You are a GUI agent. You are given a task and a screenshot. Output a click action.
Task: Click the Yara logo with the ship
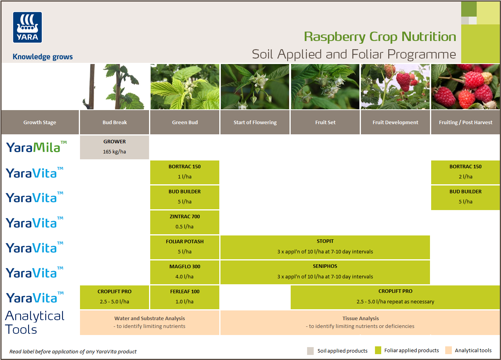tap(27, 27)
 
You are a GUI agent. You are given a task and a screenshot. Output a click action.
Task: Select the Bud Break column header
tap(114, 122)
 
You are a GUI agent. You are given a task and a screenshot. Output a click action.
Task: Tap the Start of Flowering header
tap(255, 122)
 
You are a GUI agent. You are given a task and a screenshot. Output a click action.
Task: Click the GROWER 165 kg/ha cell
tap(114, 147)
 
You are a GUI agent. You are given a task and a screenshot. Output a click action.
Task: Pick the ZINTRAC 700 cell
tap(185, 222)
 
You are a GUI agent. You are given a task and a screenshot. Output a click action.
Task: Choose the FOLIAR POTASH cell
tap(185, 247)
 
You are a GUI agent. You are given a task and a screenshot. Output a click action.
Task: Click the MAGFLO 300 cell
tap(185, 272)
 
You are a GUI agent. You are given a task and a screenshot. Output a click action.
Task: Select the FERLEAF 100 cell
tap(185, 297)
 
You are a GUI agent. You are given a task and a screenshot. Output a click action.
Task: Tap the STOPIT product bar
tap(325, 247)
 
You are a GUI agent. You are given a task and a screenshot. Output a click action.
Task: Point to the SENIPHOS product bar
tap(325, 272)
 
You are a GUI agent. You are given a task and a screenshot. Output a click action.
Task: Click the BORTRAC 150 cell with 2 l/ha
tap(465, 172)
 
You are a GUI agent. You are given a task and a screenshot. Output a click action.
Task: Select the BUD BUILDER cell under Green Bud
tap(185, 197)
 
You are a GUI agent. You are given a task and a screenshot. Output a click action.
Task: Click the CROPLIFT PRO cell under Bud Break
tap(114, 297)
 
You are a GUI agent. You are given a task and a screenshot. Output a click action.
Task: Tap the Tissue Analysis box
tap(360, 323)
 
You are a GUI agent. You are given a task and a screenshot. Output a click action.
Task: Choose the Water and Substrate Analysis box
tap(149, 323)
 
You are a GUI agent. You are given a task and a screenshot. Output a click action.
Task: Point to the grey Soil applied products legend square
tap(311, 350)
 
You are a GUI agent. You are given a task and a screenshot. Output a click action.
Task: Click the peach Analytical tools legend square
tap(448, 350)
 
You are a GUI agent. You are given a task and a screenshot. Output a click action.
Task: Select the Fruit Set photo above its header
tap(325, 87)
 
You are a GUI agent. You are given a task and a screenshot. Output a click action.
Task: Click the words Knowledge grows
tap(43, 57)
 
